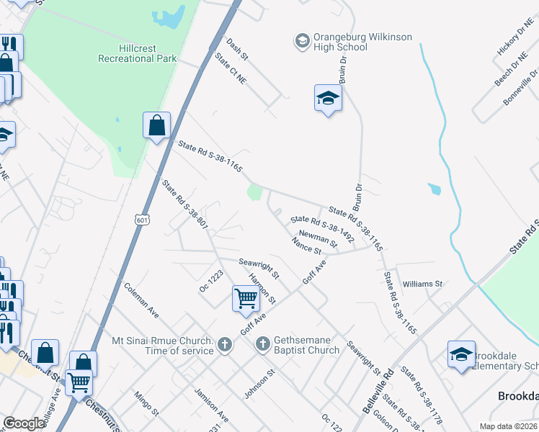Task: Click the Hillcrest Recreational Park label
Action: [x=137, y=53]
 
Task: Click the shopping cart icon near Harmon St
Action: [x=246, y=298]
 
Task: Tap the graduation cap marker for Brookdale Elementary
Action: [x=461, y=354]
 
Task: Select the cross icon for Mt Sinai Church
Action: [x=224, y=344]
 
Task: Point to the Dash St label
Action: [x=237, y=49]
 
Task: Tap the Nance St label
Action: [x=307, y=246]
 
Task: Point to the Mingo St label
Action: [x=146, y=403]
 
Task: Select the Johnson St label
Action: [x=260, y=384]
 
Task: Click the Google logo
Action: [x=24, y=423]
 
